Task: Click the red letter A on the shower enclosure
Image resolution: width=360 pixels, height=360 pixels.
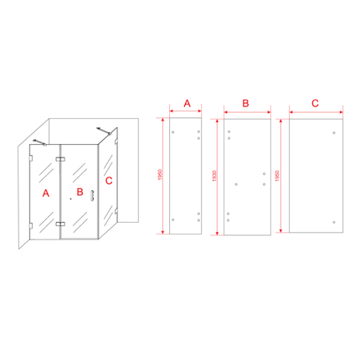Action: tap(45, 192)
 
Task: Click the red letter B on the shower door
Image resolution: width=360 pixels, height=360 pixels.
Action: tap(80, 192)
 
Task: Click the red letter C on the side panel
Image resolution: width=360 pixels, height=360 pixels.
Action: tap(109, 179)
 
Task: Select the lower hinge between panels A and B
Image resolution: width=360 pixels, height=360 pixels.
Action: tap(61, 224)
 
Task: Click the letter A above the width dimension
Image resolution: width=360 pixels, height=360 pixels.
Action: tap(188, 103)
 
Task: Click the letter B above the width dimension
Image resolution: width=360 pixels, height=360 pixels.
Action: tap(246, 103)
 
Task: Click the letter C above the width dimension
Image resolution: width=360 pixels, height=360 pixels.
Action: tap(315, 103)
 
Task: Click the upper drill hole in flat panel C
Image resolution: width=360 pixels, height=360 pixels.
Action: tap(334, 132)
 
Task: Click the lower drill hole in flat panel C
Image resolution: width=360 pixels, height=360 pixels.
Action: tap(334, 222)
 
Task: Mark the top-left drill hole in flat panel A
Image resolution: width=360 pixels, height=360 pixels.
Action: tap(173, 132)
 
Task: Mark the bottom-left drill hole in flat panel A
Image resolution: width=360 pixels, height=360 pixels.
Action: tap(173, 219)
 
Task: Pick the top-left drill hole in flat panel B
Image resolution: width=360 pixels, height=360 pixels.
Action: tap(229, 131)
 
